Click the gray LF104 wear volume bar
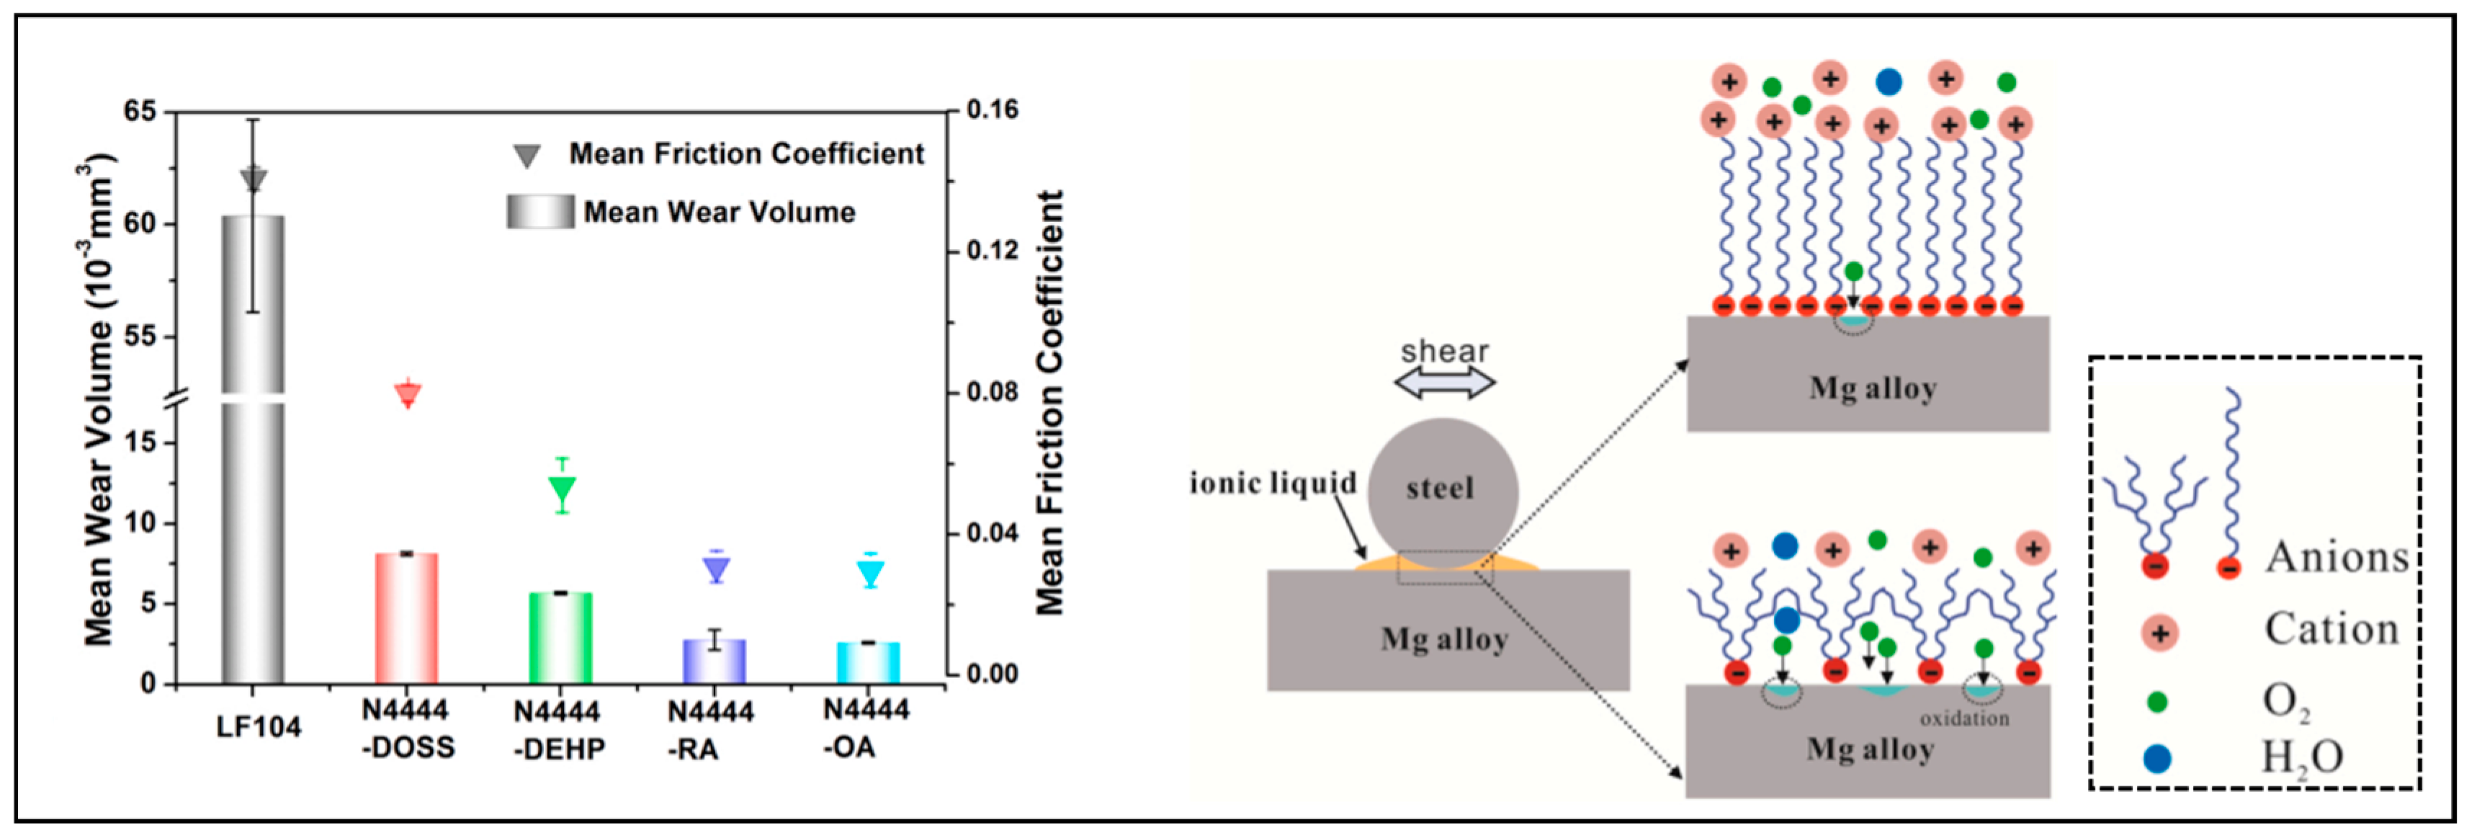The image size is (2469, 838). (x=253, y=450)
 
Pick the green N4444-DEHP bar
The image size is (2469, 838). (x=560, y=638)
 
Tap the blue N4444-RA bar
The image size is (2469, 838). (x=714, y=661)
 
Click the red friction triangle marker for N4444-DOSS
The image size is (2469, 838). (x=408, y=394)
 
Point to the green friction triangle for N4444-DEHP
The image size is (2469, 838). (x=563, y=490)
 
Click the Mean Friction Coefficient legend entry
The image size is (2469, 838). (x=745, y=153)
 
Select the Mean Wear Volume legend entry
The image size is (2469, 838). (x=719, y=212)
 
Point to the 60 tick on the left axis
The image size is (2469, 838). (x=139, y=224)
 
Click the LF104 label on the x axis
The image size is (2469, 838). (x=258, y=727)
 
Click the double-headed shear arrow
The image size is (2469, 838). (x=1444, y=383)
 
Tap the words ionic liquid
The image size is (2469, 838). (x=1273, y=482)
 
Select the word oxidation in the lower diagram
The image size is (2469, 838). (x=1964, y=719)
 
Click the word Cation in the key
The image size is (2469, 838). (x=2331, y=630)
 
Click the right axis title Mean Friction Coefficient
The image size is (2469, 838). (x=1050, y=403)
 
